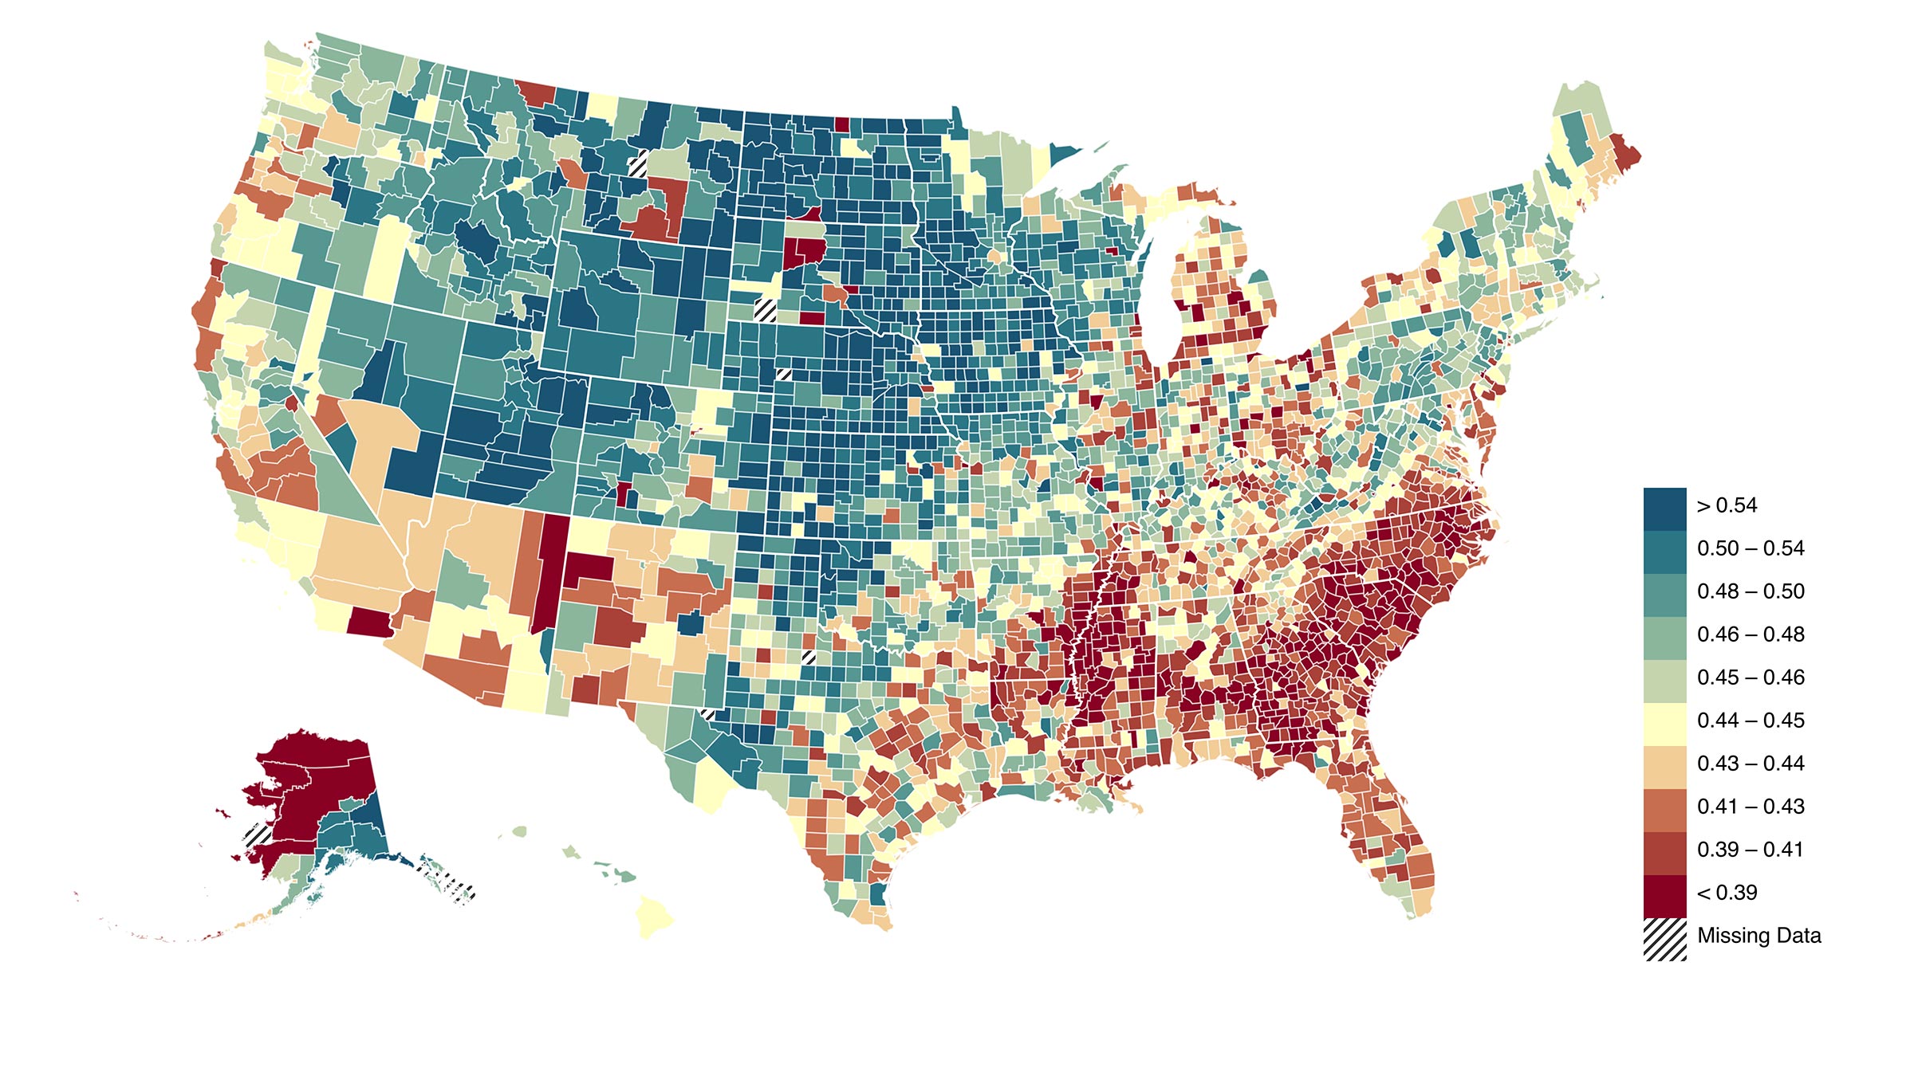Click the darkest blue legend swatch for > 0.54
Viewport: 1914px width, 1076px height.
(x=1664, y=509)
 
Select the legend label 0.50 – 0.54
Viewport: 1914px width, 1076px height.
(x=1750, y=548)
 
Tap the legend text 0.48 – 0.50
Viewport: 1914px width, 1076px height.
(x=1750, y=591)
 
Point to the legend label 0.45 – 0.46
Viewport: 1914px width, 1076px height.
(x=1750, y=677)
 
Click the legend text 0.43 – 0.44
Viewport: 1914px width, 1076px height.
(x=1750, y=764)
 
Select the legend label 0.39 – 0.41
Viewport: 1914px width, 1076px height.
(x=1750, y=850)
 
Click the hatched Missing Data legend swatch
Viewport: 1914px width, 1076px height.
(x=1664, y=939)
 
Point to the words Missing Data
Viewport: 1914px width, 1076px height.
(x=1758, y=936)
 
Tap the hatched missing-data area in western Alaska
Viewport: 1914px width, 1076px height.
(x=258, y=835)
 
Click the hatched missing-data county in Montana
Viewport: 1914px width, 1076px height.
(x=638, y=165)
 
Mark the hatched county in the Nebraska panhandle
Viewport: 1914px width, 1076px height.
(x=766, y=308)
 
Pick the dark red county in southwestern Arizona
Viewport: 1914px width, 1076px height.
(x=367, y=622)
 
